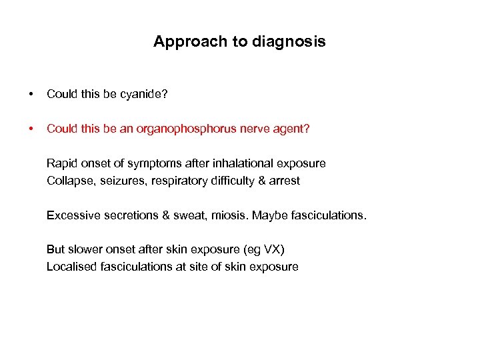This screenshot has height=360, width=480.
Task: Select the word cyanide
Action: click(x=144, y=95)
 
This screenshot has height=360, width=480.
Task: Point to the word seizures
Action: click(x=121, y=181)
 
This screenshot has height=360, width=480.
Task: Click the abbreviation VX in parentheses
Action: click(x=273, y=250)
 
